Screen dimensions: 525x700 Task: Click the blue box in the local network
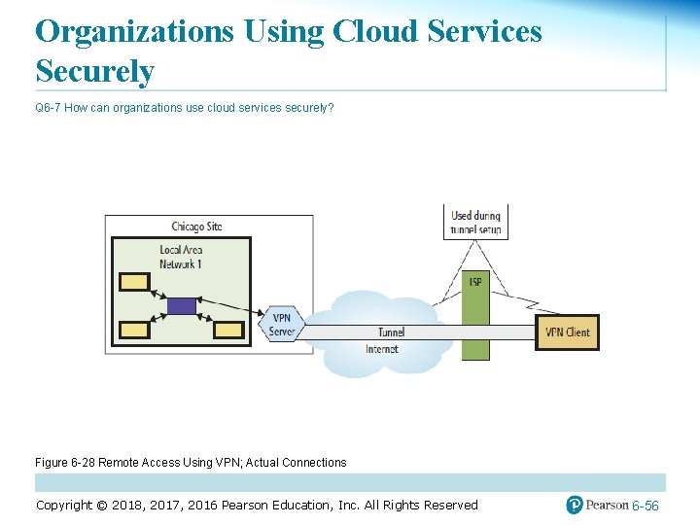(181, 306)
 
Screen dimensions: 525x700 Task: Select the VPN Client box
(568, 332)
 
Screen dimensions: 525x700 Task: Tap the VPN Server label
(281, 325)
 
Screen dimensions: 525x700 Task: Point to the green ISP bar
(475, 316)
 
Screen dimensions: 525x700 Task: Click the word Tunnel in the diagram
(391, 332)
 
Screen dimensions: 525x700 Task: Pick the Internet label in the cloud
(381, 349)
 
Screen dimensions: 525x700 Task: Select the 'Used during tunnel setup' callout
(474, 223)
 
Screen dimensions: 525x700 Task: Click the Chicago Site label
(196, 227)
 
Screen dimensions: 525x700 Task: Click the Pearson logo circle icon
(575, 505)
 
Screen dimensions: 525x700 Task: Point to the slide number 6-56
(646, 507)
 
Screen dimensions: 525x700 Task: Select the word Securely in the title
(94, 71)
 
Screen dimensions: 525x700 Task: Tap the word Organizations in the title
(134, 31)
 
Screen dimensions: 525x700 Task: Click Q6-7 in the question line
(48, 107)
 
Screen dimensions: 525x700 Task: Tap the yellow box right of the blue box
(228, 331)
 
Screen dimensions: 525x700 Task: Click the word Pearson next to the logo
(608, 505)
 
